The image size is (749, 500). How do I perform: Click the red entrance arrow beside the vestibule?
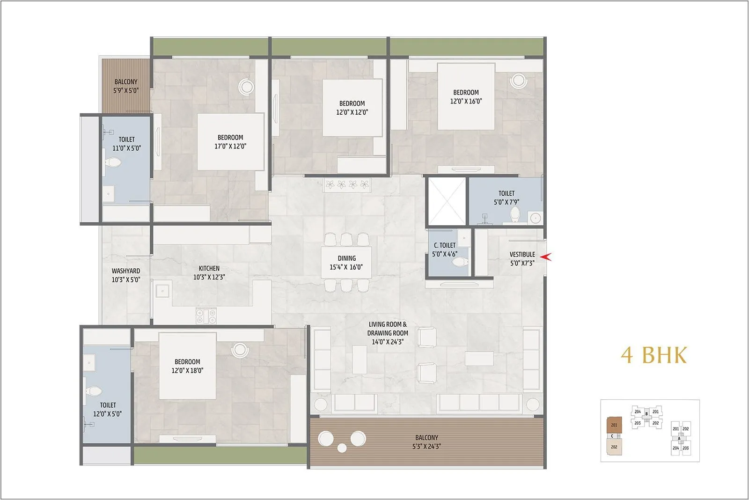point(546,257)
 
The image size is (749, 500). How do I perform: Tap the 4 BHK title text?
point(654,355)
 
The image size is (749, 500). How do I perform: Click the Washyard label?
point(125,271)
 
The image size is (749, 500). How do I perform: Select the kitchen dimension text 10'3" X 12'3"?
point(209,277)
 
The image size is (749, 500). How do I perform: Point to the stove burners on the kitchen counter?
point(206,316)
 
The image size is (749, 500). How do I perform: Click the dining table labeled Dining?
point(346,263)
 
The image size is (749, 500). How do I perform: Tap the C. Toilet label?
point(444,245)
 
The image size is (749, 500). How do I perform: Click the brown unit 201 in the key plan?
point(614,425)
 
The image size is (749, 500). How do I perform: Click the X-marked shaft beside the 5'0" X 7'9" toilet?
point(447,201)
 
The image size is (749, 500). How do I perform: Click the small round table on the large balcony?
point(342,448)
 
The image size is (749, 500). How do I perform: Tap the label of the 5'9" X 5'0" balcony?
point(125,82)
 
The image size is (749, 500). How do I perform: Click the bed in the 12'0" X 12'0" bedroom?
point(352,108)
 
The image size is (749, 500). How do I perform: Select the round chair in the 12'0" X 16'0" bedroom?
point(518,80)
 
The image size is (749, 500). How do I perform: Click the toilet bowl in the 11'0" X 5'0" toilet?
point(112,163)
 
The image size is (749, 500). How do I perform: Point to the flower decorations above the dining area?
point(347,184)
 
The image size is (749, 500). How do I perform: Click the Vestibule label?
point(522,255)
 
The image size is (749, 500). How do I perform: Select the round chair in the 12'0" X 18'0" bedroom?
point(240,349)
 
